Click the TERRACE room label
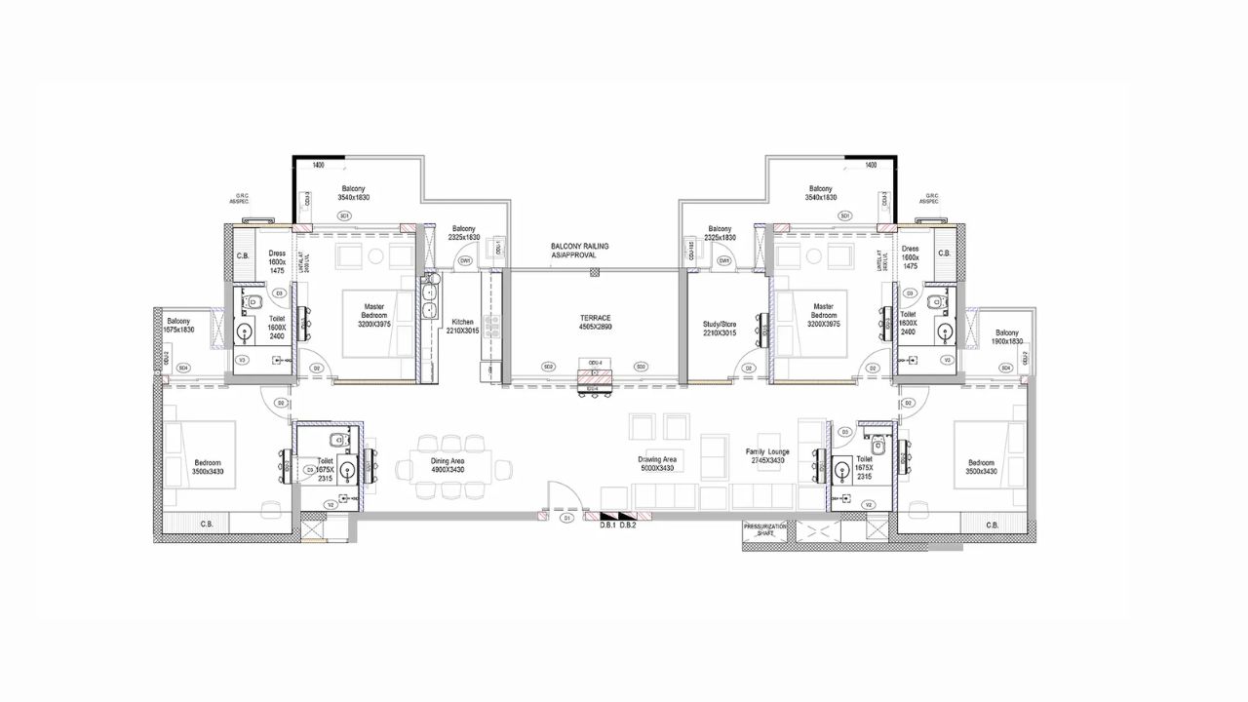(x=593, y=318)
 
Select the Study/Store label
(x=720, y=322)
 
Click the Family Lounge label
(x=766, y=452)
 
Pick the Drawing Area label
(x=657, y=459)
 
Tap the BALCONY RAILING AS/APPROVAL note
(x=579, y=251)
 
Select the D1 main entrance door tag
(x=566, y=520)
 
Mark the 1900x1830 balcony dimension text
(x=1008, y=341)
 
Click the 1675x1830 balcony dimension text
(x=180, y=331)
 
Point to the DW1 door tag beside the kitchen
(x=465, y=261)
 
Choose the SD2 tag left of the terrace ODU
(x=548, y=367)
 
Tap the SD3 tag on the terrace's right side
(x=640, y=367)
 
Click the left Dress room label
(x=277, y=253)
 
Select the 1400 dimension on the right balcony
(x=871, y=166)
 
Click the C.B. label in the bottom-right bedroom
(x=992, y=525)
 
